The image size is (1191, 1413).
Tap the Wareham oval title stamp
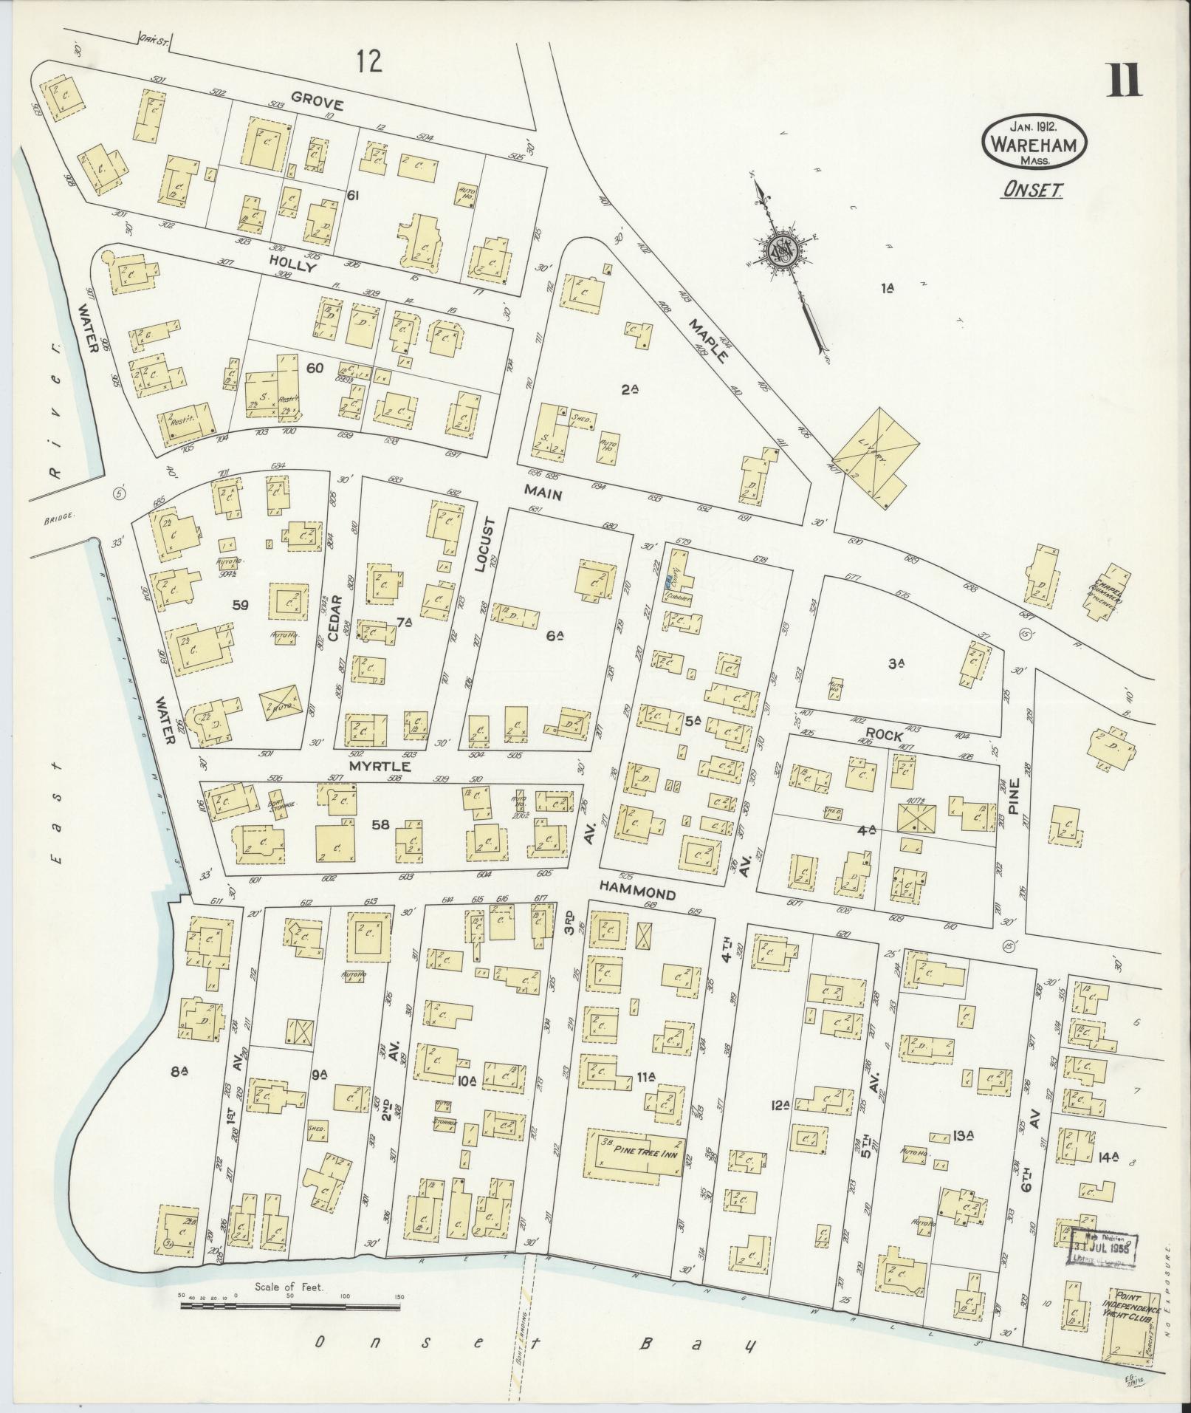pyautogui.click(x=1034, y=145)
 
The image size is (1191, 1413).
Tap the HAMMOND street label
pyautogui.click(x=636, y=894)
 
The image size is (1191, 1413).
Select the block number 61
pyautogui.click(x=353, y=195)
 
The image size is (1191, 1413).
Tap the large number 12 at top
pyautogui.click(x=369, y=62)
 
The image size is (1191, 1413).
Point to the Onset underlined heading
pyautogui.click(x=1032, y=191)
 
